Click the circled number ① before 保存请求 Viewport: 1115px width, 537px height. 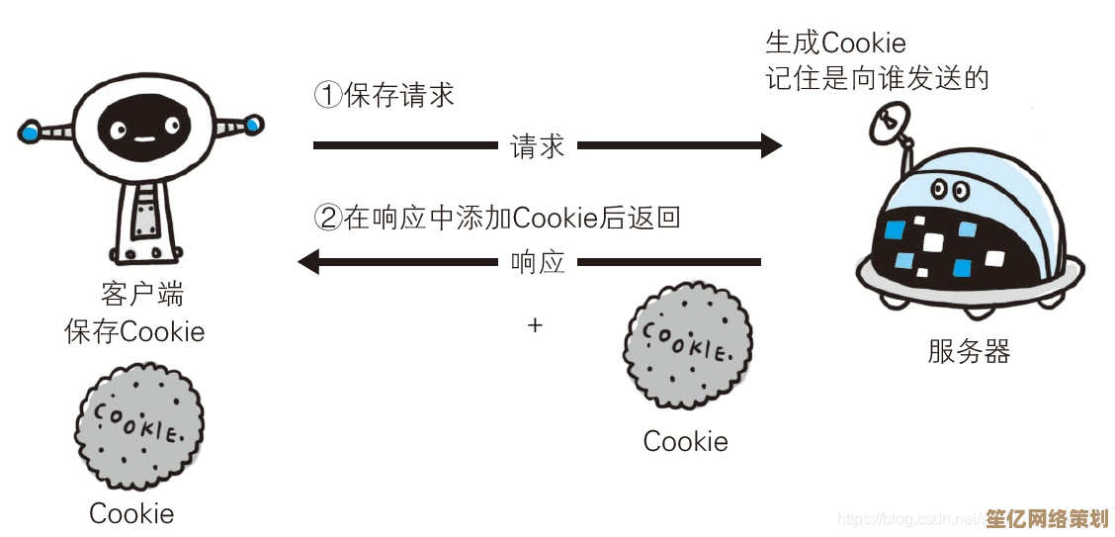click(327, 95)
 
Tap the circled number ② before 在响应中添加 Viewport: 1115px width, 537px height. click(327, 218)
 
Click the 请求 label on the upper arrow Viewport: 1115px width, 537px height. click(537, 146)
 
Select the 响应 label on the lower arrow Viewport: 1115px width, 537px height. click(537, 262)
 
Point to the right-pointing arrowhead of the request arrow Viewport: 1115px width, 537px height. click(771, 146)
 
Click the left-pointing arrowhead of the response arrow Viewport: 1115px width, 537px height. click(309, 262)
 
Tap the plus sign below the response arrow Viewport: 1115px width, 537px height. click(536, 324)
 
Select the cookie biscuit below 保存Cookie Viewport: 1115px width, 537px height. click(138, 426)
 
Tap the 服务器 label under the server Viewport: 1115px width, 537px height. click(969, 351)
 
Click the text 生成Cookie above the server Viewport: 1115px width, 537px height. click(835, 43)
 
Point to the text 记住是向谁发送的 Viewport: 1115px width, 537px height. click(877, 78)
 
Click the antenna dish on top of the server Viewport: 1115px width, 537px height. click(888, 123)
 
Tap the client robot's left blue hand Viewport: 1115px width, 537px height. click(30, 130)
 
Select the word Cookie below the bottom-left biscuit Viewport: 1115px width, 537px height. click(131, 513)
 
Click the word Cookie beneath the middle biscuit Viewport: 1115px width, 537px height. click(685, 441)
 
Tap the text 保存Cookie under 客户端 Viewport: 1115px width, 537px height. click(134, 331)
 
